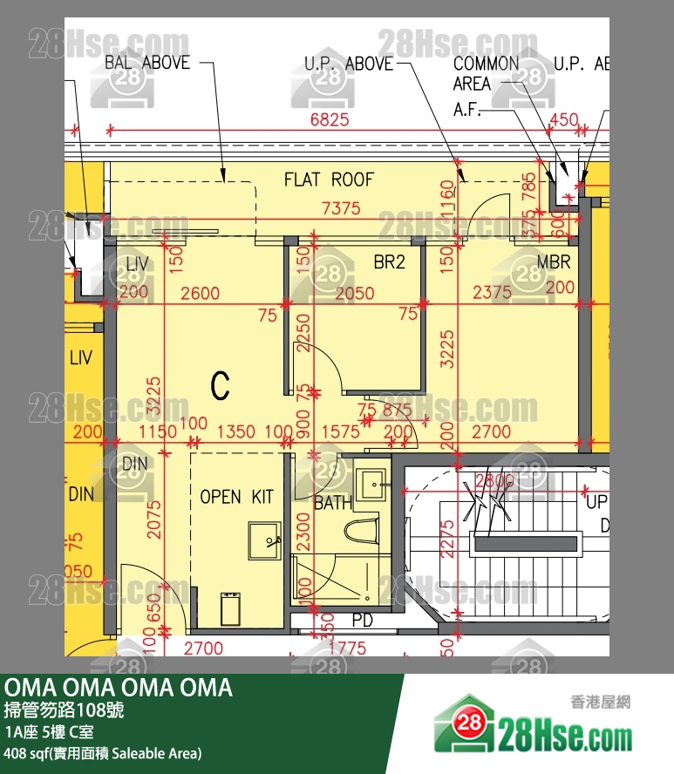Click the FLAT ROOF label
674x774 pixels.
pyautogui.click(x=329, y=180)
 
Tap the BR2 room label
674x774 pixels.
pyautogui.click(x=390, y=261)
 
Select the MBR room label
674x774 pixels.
pyautogui.click(x=554, y=261)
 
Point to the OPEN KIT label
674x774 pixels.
pyautogui.click(x=236, y=497)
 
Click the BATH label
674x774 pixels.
pyautogui.click(x=332, y=503)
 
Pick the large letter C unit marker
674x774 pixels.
pyautogui.click(x=221, y=384)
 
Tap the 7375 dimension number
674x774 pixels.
pyautogui.click(x=341, y=208)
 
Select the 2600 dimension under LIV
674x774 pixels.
pyautogui.click(x=201, y=294)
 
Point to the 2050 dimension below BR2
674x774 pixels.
pyautogui.click(x=355, y=294)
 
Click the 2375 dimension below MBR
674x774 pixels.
pyautogui.click(x=493, y=294)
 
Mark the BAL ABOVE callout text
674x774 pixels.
pyautogui.click(x=146, y=63)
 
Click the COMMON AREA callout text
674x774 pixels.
pyautogui.click(x=485, y=73)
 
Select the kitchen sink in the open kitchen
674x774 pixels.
pyautogui.click(x=264, y=541)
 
